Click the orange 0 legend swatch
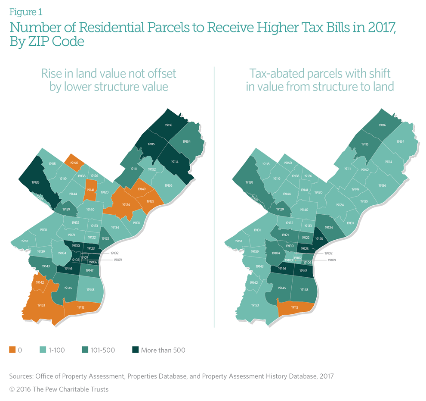pos(12,350)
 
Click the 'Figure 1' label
pos(26,12)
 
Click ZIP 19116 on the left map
pos(168,125)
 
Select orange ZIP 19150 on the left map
pos(74,163)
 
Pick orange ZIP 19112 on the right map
pos(295,307)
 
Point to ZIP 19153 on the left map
pos(41,305)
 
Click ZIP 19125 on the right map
pos(319,238)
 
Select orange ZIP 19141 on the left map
pos(90,190)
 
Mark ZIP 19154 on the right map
pos(400,141)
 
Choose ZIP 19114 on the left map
pos(174,162)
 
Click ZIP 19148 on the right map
pos(305,289)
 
